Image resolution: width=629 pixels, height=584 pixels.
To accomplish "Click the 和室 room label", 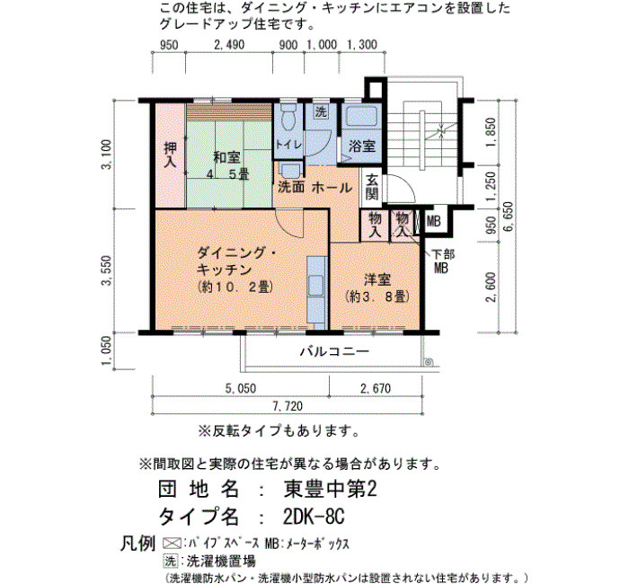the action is coord(226,157).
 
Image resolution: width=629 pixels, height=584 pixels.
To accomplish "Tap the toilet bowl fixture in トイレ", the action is coord(288,117).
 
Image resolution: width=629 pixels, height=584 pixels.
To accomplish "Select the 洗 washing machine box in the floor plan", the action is coord(321,111).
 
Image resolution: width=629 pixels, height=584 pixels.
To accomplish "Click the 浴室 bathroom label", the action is coord(362,146).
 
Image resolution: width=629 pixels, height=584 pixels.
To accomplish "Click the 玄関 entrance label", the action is coord(371,187).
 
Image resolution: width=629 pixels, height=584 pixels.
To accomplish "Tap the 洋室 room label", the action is coord(377,279).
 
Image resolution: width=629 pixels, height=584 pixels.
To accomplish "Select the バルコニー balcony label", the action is coord(334,351).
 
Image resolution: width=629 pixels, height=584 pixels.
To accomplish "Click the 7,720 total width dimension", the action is coord(288,406).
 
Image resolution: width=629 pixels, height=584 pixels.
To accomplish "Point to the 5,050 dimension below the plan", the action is coord(241,388).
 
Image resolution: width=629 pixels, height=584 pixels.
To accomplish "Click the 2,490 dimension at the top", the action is coord(229,45).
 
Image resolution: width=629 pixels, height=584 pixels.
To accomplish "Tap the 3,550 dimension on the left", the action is coord(106,270).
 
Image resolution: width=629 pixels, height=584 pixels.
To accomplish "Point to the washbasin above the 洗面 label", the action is coord(289,170).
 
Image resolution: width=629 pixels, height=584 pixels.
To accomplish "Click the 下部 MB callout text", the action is coord(442,261).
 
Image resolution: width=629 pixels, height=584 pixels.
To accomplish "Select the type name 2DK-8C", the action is coord(314,517).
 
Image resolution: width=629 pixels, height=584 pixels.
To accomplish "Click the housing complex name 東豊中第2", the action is coord(330,489).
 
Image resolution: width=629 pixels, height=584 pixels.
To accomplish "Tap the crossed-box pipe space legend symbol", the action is coord(172,544).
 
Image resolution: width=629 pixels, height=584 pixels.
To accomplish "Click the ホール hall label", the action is coord(332,187).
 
